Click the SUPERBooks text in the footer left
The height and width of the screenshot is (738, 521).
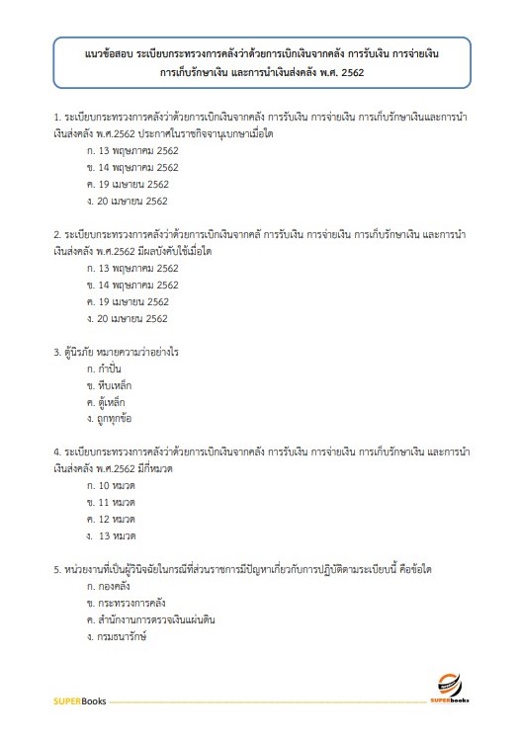point(79,701)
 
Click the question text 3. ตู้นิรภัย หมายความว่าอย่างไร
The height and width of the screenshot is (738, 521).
point(122,352)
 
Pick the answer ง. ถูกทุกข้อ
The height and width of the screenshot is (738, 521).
point(110,419)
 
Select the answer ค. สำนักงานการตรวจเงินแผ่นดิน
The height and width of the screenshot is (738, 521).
point(151,619)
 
